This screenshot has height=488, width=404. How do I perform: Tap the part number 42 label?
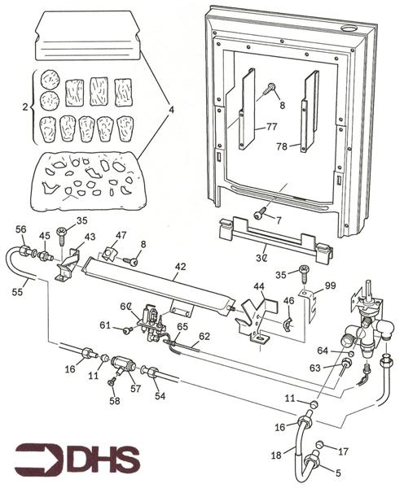point(180,267)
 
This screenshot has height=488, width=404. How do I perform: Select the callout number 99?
point(330,285)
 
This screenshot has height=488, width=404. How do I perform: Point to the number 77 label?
point(271,127)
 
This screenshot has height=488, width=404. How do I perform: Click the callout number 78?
point(282,146)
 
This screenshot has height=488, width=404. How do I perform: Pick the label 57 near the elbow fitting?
point(135,389)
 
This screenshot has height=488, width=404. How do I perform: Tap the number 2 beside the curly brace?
point(25,107)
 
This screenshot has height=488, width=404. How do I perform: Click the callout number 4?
point(171,110)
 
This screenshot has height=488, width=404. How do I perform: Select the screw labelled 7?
point(259,214)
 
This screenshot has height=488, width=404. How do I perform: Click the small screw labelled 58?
point(112,382)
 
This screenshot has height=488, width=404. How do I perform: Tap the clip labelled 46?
point(288,324)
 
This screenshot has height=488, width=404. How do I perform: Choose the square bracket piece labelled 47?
point(108,252)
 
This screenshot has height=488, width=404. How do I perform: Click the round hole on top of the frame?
point(349,28)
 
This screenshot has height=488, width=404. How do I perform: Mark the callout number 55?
point(17,292)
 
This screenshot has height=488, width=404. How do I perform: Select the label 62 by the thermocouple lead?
point(204,336)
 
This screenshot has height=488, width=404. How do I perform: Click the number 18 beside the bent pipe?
point(276,455)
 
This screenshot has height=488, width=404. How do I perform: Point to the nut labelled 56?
point(24,250)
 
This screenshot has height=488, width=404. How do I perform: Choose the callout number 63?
point(315,368)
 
